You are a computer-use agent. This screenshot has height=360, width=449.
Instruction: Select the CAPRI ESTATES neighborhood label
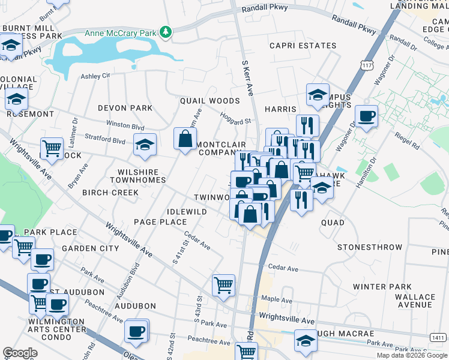coord(303,46)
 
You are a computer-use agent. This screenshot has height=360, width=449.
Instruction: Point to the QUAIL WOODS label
coord(209,101)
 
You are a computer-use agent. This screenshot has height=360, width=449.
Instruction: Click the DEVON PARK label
coord(125,108)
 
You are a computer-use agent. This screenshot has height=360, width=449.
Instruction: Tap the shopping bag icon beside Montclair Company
coord(185,139)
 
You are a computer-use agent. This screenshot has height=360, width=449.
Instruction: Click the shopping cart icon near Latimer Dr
coord(52,148)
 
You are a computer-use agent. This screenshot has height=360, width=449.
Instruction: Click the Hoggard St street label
coord(235,118)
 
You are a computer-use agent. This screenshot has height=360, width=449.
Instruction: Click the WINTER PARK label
coord(382,287)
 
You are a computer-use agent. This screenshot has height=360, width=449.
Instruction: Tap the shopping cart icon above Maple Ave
coord(223,284)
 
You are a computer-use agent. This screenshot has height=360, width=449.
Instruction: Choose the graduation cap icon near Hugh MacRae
coord(305,341)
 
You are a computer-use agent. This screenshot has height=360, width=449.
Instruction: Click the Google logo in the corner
coord(20,353)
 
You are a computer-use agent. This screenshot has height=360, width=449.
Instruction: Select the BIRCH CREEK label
coord(110,193)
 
